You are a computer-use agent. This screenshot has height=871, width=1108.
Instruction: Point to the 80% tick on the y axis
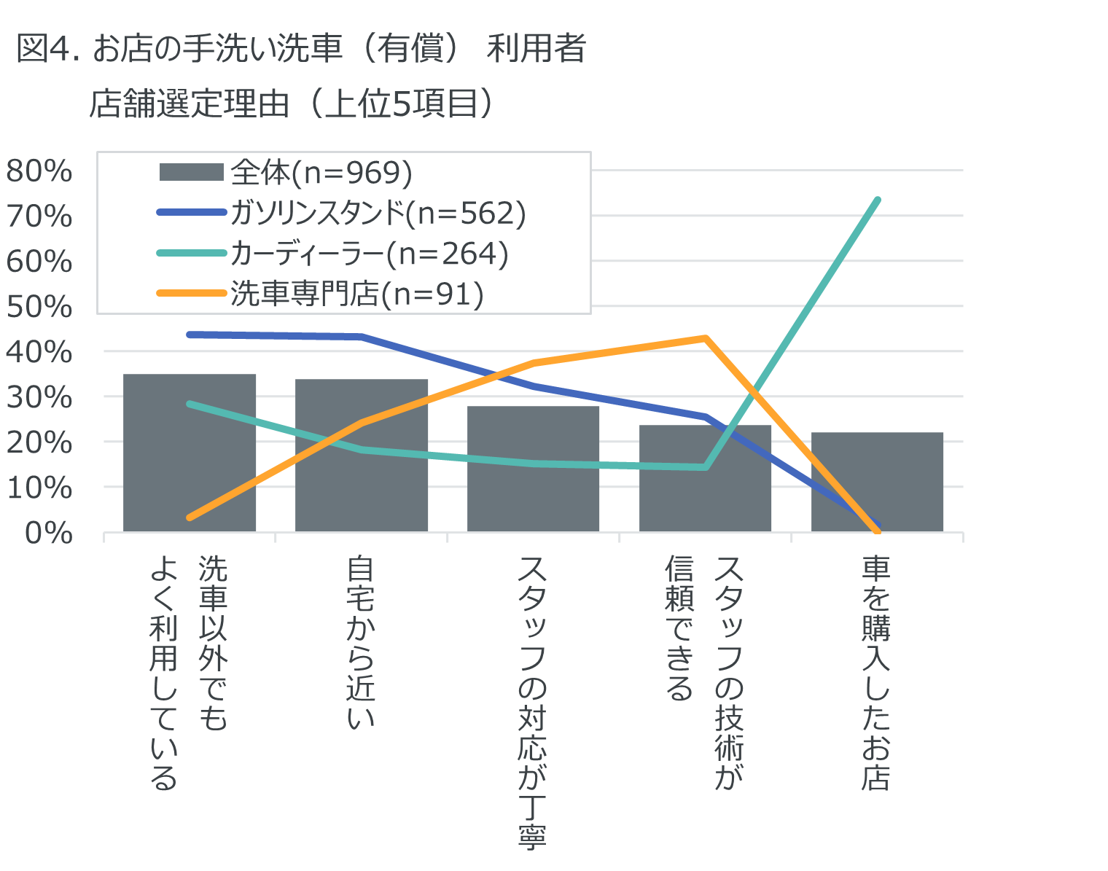(x=39, y=171)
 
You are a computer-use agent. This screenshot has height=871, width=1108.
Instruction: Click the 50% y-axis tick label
(x=39, y=307)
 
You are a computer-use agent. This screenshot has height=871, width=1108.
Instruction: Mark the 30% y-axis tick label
(x=39, y=398)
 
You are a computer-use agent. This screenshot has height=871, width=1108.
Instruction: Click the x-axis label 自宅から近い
(x=361, y=641)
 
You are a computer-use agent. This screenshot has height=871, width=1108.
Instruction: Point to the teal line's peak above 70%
(x=877, y=200)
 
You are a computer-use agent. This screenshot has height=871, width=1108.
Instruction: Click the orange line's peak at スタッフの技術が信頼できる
(x=705, y=338)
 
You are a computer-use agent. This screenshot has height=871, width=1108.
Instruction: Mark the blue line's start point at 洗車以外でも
(x=190, y=335)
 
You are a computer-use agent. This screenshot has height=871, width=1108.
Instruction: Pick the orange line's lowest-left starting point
(x=190, y=517)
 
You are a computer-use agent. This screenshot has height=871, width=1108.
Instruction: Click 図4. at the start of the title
(x=47, y=50)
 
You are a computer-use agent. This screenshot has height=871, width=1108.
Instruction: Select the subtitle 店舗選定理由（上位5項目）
(x=292, y=103)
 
